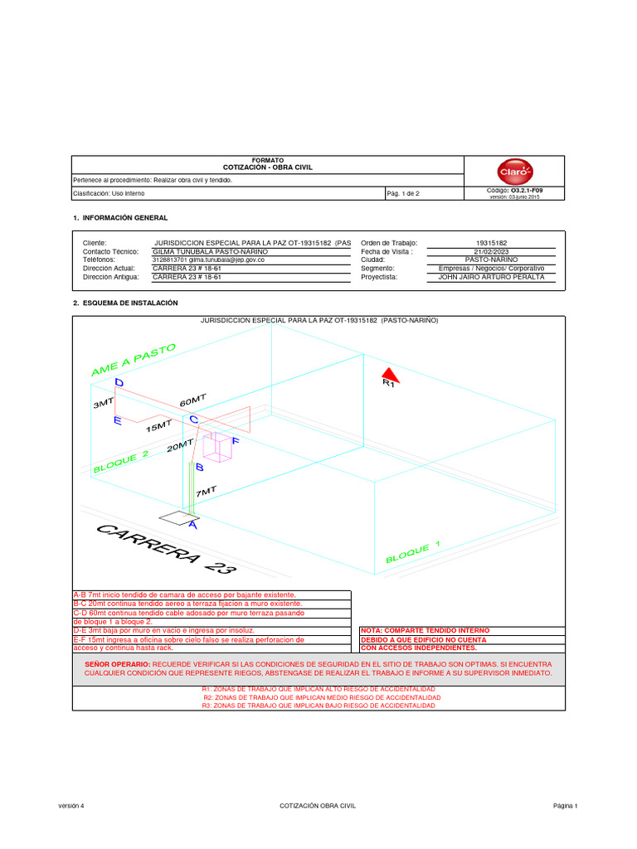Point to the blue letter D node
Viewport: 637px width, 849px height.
119,383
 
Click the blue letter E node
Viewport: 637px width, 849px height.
117,421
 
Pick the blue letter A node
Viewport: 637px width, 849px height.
192,524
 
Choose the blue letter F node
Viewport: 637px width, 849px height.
236,440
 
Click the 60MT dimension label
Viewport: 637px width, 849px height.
192,401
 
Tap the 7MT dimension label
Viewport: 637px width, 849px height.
206,492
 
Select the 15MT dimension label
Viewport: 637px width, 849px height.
158,426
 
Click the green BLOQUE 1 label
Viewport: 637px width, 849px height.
412,551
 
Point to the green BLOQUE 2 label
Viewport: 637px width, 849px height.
121,461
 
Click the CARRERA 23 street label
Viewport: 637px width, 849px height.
166,549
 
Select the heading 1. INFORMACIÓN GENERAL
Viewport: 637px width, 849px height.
121,217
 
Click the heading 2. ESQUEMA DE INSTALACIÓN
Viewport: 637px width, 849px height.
126,303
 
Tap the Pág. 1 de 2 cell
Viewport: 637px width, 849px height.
403,193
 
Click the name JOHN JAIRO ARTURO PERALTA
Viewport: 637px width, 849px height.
491,277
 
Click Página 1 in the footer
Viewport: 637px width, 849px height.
566,806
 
